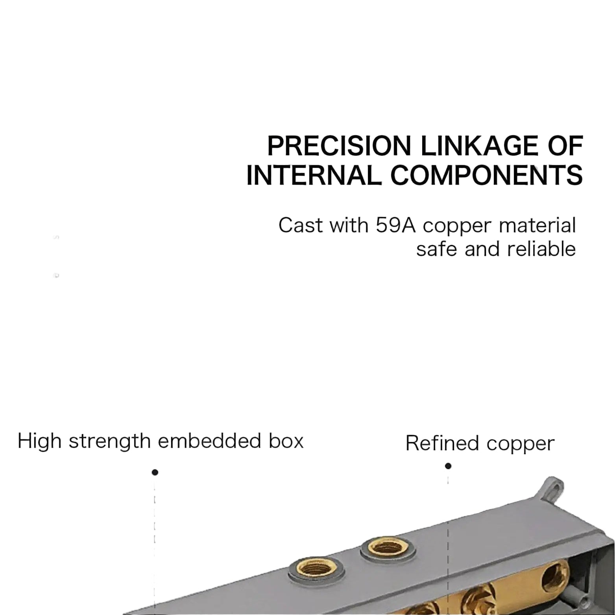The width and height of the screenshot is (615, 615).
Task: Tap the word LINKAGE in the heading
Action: click(479, 146)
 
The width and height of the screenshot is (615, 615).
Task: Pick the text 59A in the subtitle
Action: click(396, 225)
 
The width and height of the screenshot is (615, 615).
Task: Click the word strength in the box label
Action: click(110, 441)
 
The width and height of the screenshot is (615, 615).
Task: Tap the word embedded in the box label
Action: click(209, 441)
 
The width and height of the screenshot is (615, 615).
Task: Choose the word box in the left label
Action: click(286, 441)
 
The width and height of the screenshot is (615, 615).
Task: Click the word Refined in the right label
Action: click(442, 443)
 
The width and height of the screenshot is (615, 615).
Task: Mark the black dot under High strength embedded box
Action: click(155, 472)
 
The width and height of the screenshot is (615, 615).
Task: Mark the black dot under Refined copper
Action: click(448, 466)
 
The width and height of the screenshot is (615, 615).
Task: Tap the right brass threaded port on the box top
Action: click(387, 548)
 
